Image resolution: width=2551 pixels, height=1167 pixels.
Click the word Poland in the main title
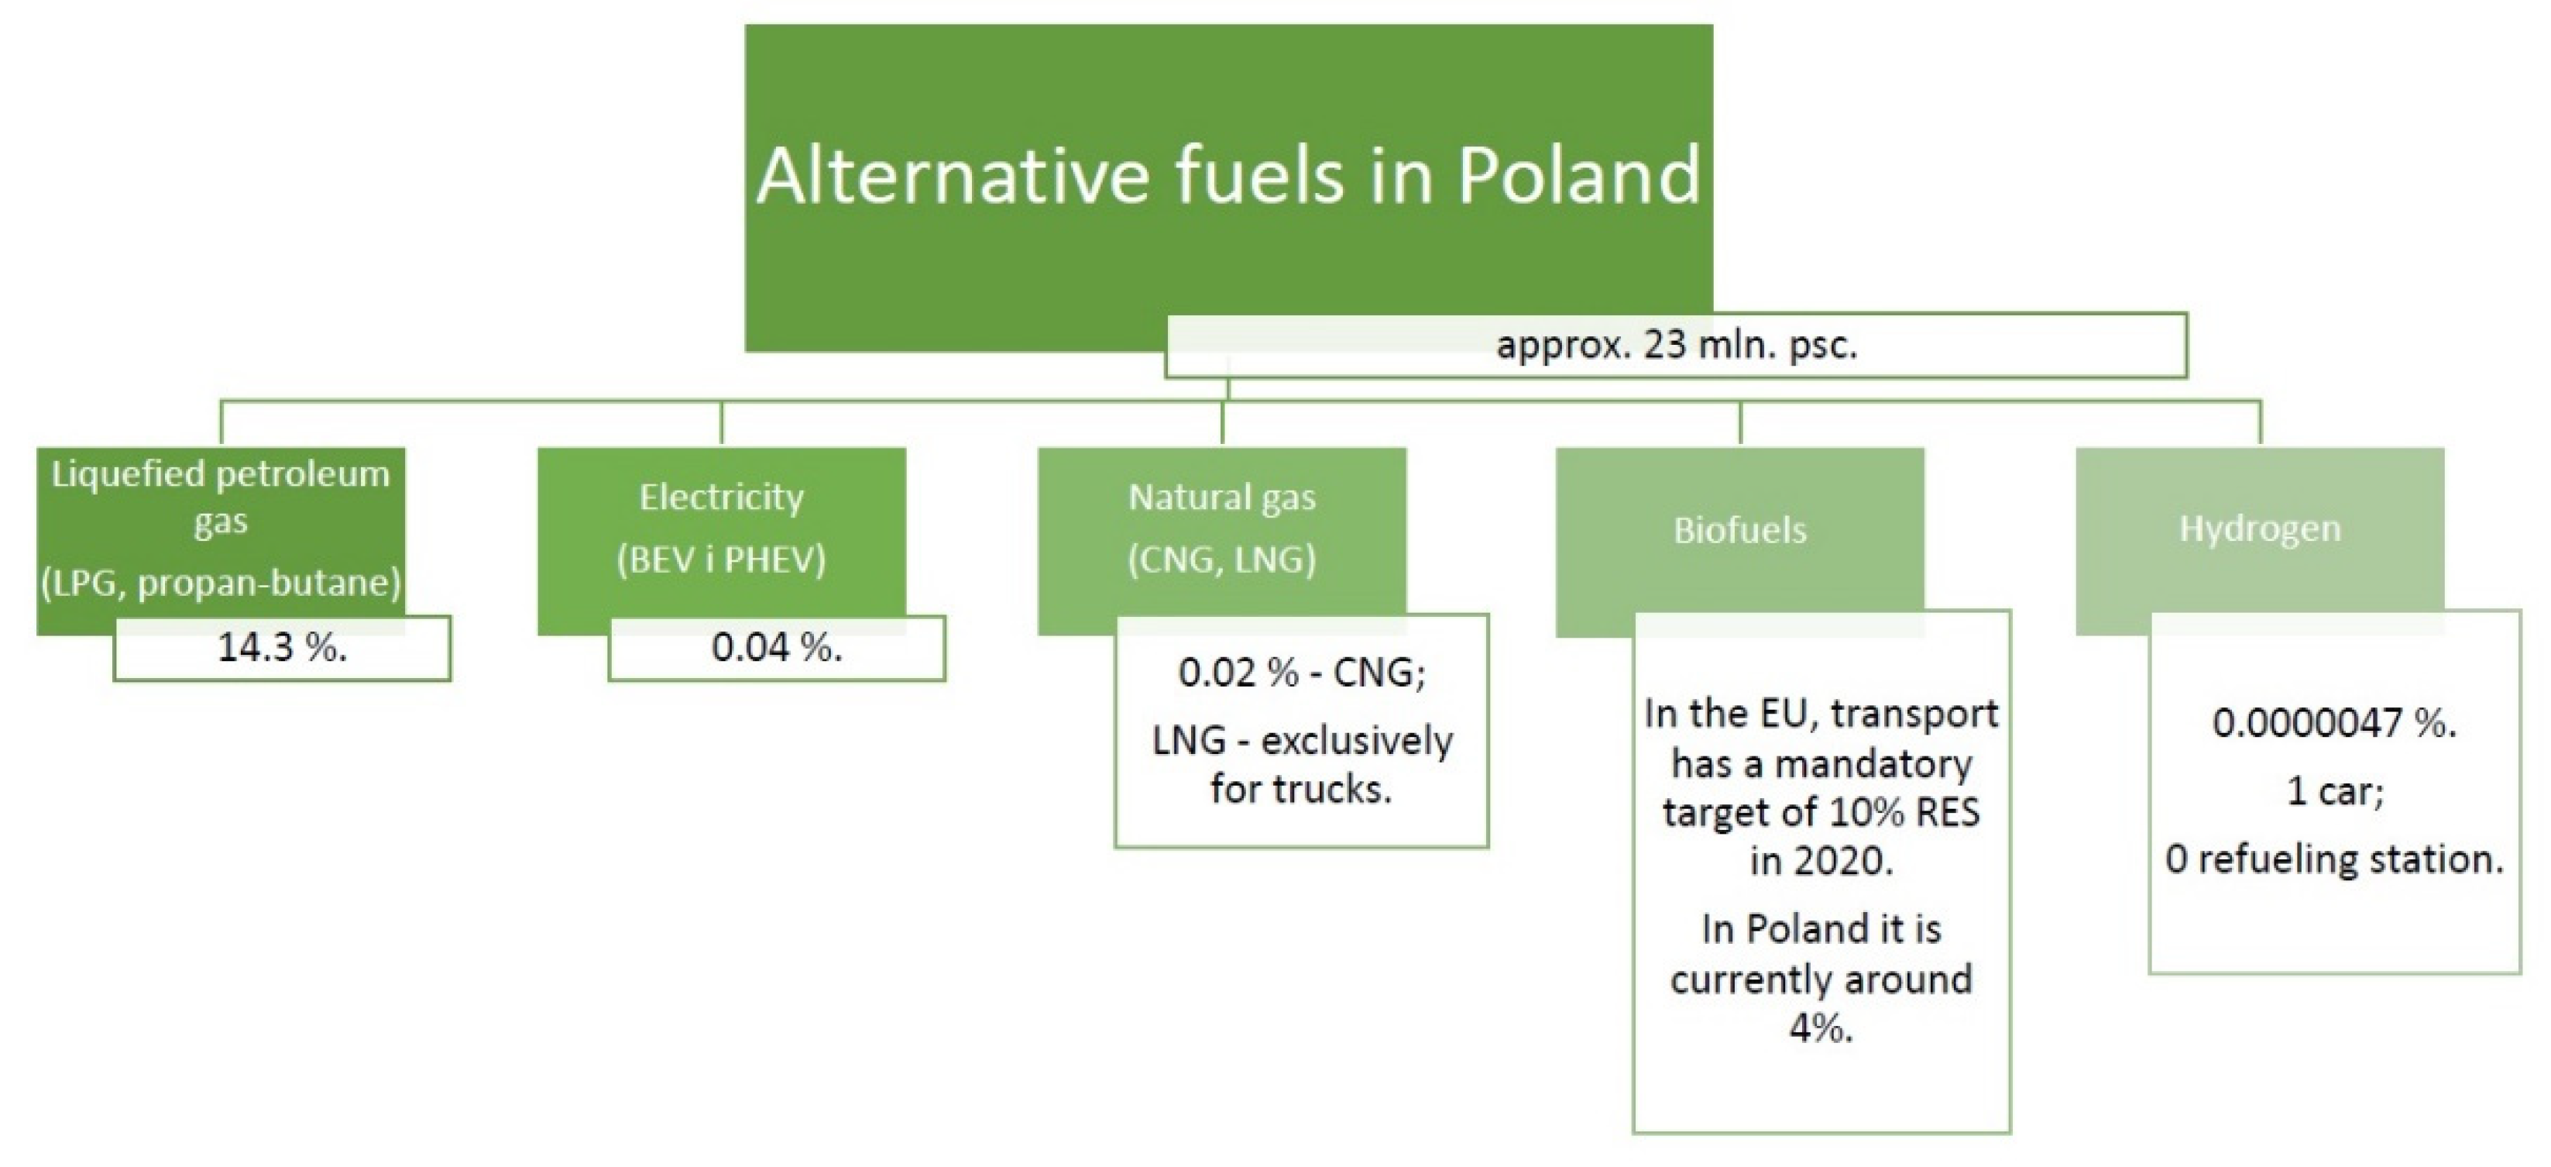pos(1578,175)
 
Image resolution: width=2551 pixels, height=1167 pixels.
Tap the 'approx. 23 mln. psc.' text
pos(1677,346)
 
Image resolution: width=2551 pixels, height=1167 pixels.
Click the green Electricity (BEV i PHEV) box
pos(721,541)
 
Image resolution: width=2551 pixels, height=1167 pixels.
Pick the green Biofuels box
pos(1740,541)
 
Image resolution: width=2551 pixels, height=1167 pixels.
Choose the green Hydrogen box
pos(2260,541)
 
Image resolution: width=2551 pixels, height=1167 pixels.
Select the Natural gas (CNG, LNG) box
pos(1222,541)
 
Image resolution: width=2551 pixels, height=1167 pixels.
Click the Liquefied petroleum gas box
pos(221,541)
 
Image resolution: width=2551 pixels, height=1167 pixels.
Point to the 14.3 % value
pos(282,648)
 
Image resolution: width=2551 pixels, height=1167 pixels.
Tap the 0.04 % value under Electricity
pos(778,648)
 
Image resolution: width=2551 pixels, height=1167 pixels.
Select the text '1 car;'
pos(2334,791)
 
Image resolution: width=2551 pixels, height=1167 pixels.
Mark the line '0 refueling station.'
pos(2334,859)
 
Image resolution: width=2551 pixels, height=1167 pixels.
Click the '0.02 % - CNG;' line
pos(1301,673)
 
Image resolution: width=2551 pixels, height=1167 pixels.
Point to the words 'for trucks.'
pos(1301,790)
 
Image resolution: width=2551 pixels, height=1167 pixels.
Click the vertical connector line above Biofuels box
pos(1740,424)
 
